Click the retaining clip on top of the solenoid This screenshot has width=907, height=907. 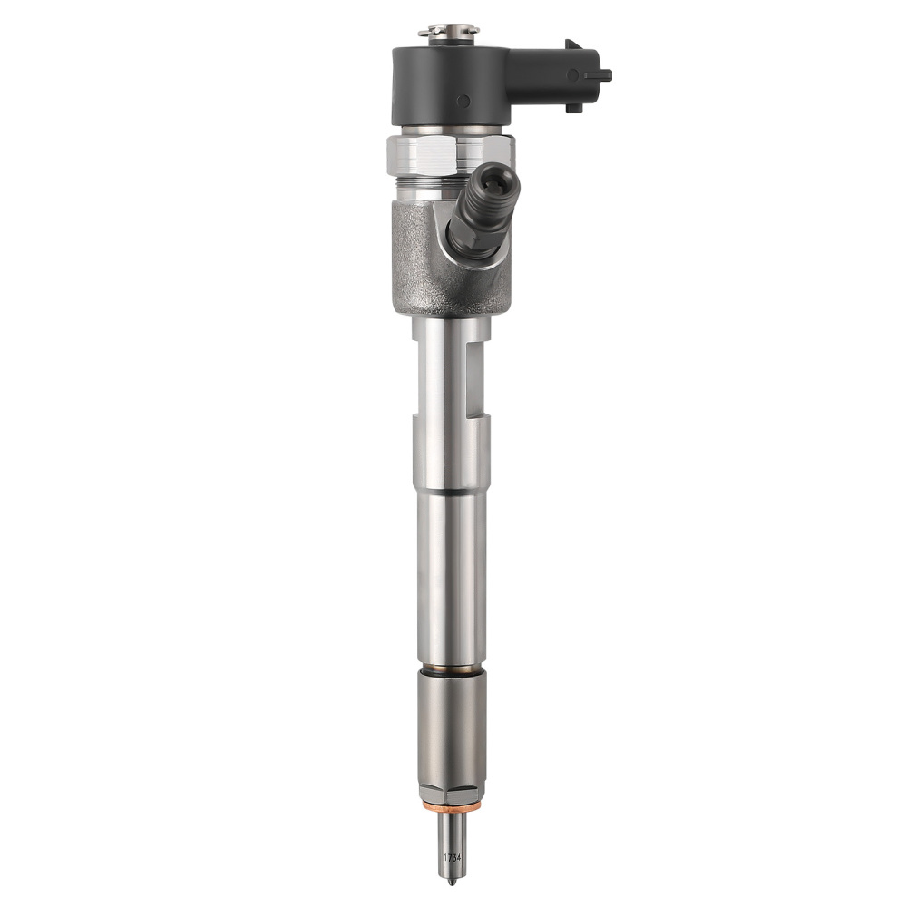[x=448, y=32]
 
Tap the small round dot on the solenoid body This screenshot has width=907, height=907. [x=463, y=102]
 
